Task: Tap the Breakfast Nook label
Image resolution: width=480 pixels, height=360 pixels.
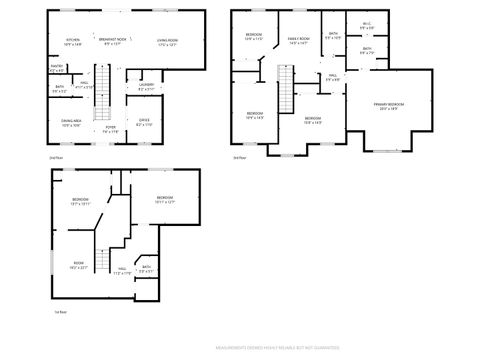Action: click(111, 42)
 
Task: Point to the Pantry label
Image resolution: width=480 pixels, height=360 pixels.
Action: click(56, 69)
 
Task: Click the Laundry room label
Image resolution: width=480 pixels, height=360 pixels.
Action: click(146, 86)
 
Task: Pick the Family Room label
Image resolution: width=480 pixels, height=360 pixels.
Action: click(298, 41)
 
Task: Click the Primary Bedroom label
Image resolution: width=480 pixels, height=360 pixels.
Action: click(388, 106)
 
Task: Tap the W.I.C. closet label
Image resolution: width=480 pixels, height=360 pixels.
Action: click(366, 27)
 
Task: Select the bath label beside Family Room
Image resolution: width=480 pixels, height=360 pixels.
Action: click(332, 38)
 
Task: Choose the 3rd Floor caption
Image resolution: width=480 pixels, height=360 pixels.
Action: click(238, 158)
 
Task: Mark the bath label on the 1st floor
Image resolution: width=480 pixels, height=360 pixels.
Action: click(146, 268)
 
